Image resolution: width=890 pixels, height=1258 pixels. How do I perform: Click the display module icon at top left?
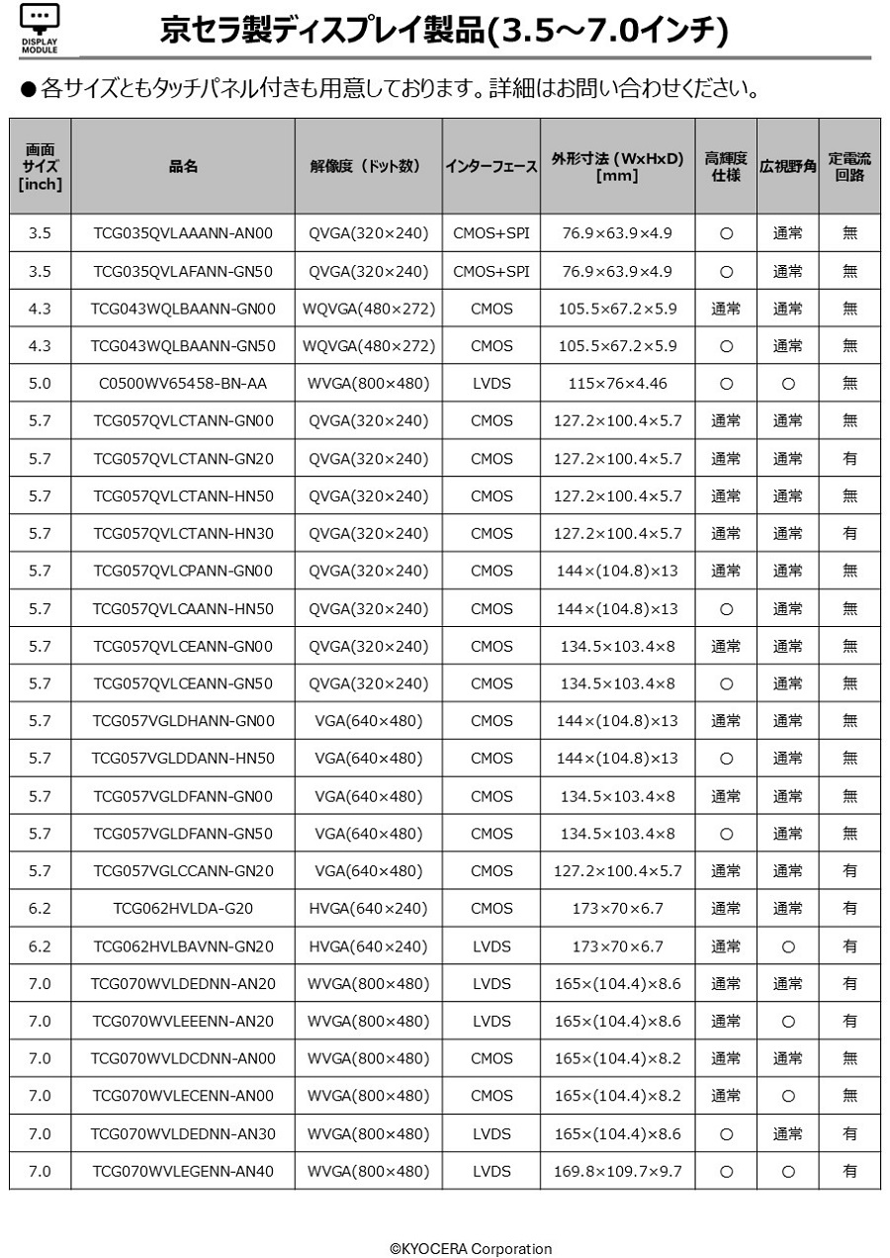(40, 27)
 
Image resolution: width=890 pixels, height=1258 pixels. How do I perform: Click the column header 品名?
(183, 166)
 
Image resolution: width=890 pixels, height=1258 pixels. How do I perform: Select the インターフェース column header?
(491, 166)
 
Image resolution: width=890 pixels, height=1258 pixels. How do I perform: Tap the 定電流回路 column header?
(849, 166)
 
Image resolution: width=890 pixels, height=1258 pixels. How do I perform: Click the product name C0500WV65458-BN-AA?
(183, 384)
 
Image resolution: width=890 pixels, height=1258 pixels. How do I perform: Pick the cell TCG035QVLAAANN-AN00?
(183, 233)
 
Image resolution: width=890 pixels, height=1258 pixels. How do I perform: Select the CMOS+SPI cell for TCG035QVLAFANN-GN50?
(491, 271)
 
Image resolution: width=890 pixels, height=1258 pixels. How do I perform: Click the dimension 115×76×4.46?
(617, 384)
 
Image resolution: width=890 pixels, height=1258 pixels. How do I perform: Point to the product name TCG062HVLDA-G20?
(183, 908)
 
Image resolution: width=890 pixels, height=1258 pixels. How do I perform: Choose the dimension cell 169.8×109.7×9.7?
(617, 1171)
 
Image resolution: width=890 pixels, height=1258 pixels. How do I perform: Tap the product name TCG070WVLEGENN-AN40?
(183, 1171)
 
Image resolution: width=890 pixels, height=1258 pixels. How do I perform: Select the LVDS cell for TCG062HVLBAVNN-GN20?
(491, 946)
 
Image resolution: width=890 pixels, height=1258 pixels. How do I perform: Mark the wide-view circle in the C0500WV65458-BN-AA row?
(788, 384)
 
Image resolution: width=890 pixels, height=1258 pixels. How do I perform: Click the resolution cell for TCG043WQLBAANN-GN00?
(369, 309)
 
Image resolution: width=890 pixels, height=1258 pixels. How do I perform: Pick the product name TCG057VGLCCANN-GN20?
(183, 871)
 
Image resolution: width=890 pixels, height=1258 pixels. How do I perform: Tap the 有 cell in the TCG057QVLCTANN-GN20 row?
(849, 459)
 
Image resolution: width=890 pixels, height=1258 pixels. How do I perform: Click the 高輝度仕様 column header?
(726, 166)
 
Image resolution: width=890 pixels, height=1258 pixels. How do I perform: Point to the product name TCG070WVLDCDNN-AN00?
(183, 1058)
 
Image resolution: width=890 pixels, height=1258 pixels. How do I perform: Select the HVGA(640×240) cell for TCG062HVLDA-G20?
(369, 908)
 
